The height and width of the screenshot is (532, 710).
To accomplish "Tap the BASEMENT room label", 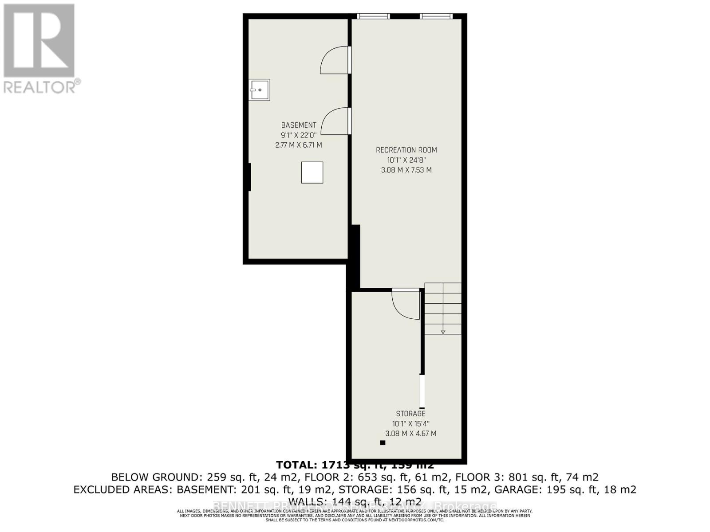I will (x=299, y=125).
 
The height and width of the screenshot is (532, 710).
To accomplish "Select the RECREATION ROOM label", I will (x=406, y=150).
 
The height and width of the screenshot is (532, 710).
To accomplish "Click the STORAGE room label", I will (x=410, y=414).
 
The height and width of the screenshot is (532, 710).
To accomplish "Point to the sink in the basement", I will (x=259, y=90).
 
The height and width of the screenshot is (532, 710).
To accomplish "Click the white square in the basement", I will (x=312, y=172).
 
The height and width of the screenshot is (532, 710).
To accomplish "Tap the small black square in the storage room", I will (x=383, y=442).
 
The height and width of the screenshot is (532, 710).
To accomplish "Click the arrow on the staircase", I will (x=443, y=331).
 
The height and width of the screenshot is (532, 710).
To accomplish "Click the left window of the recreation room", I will (x=374, y=16).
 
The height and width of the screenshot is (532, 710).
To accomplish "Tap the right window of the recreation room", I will (x=436, y=16).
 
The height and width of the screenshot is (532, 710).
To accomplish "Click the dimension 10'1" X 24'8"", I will (x=406, y=160).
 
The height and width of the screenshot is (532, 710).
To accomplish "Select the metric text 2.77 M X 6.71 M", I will (x=299, y=145).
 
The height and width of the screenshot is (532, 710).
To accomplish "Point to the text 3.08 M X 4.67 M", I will (x=410, y=434).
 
